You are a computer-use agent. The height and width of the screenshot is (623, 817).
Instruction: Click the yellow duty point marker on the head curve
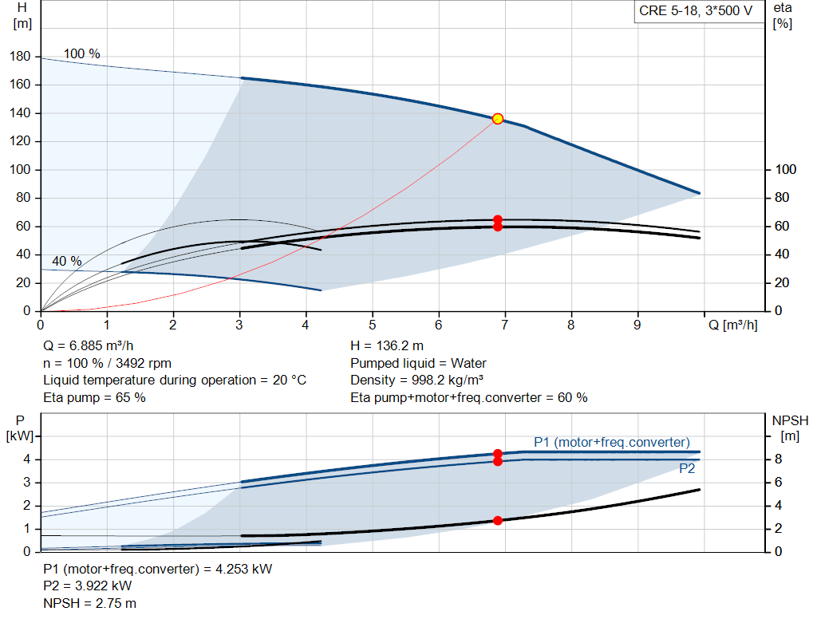pyautogui.click(x=498, y=119)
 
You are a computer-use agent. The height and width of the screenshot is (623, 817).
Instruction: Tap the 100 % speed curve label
pyautogui.click(x=82, y=54)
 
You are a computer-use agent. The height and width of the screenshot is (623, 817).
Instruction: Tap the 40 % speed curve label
pyautogui.click(x=67, y=261)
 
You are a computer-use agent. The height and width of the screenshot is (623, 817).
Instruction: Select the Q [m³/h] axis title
pyautogui.click(x=732, y=325)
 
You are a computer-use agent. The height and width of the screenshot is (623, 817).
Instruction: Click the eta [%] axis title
pyautogui.click(x=782, y=15)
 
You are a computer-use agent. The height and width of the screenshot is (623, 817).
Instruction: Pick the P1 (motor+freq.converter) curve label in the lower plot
pyautogui.click(x=612, y=442)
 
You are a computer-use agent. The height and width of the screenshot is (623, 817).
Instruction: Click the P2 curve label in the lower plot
pyautogui.click(x=687, y=469)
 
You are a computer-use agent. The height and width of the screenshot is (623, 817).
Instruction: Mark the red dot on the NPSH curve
pyautogui.click(x=498, y=520)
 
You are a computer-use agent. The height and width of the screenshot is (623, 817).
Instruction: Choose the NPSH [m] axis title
pyautogui.click(x=790, y=427)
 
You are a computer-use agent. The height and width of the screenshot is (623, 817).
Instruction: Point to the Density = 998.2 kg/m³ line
pyautogui.click(x=416, y=380)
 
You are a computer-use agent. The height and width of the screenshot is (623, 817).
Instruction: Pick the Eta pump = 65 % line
pyautogui.click(x=94, y=396)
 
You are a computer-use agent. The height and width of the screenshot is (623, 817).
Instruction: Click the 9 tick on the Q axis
pyautogui.click(x=637, y=325)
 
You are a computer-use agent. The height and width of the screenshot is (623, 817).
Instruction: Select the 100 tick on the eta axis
pyautogui.click(x=786, y=170)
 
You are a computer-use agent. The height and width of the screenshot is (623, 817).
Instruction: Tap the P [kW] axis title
pyautogui.click(x=22, y=427)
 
